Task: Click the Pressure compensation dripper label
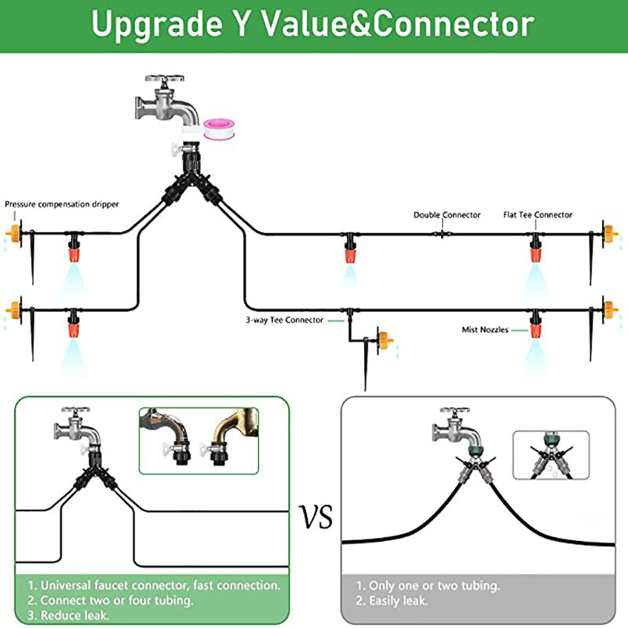[x=62, y=204]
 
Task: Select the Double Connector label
[x=447, y=215]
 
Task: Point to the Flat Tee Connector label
[x=538, y=215]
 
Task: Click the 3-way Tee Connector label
[x=283, y=320]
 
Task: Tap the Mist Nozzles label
[x=484, y=330]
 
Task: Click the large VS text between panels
[x=316, y=517]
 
